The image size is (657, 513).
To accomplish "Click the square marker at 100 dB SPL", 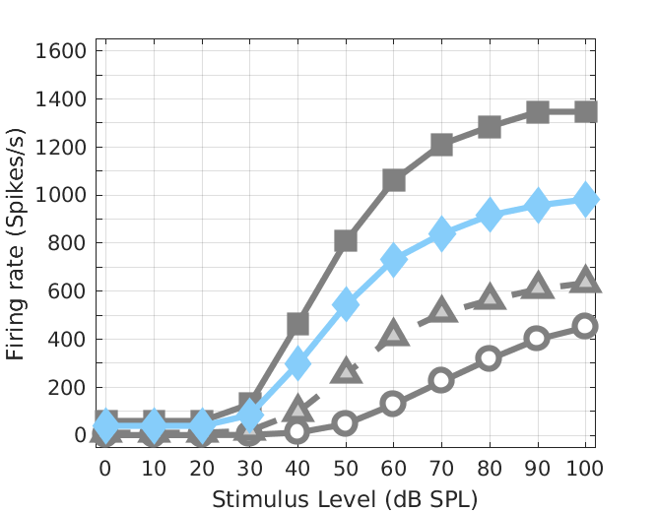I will coord(585,111).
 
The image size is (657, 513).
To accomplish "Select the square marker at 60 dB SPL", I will coord(393,180).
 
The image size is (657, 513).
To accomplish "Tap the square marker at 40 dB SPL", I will coord(297,324).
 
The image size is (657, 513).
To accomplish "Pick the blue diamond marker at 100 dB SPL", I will coord(585,199).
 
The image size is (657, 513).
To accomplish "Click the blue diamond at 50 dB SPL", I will coord(346,304).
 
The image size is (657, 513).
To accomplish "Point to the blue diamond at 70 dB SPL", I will coord(441,233).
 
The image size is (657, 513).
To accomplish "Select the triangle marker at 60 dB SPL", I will coord(393,333).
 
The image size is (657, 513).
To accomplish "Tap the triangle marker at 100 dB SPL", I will coord(585,280).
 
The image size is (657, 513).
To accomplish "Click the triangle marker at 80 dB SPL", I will coord(490,296).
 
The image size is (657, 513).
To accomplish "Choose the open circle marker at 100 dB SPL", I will coord(585,326).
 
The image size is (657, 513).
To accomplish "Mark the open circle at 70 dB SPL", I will coord(441,380).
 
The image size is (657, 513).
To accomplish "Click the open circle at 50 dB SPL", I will coord(346,423).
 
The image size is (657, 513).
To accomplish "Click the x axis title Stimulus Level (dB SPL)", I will coord(345,498).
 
